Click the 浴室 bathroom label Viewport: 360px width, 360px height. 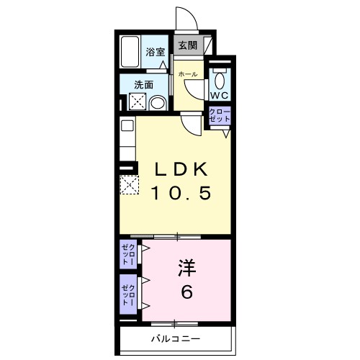click(155, 51)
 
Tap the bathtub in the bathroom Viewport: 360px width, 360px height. click(130, 53)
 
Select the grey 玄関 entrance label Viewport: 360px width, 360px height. click(187, 45)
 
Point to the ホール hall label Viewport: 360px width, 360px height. click(186, 74)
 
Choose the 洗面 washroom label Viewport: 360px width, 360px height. click(143, 84)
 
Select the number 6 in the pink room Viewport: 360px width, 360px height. click(188, 294)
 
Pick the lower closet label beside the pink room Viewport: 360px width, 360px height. click(128, 296)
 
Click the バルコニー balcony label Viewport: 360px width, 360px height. click(175, 338)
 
